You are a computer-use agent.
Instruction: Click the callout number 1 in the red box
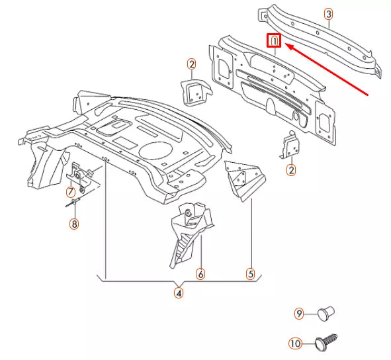click(274, 42)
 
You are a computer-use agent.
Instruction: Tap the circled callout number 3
click(329, 14)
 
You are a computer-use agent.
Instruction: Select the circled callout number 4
click(179, 291)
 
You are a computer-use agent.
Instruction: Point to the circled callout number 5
click(251, 273)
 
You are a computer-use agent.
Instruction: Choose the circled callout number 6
click(200, 273)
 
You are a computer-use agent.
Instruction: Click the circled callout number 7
click(70, 193)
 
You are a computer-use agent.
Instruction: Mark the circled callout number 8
click(74, 224)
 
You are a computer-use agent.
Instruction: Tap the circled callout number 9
click(299, 313)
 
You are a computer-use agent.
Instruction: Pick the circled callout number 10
click(295, 343)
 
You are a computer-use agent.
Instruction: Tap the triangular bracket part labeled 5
click(244, 179)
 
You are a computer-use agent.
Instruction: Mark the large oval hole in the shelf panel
click(155, 149)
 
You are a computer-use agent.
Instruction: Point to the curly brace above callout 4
click(179, 280)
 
